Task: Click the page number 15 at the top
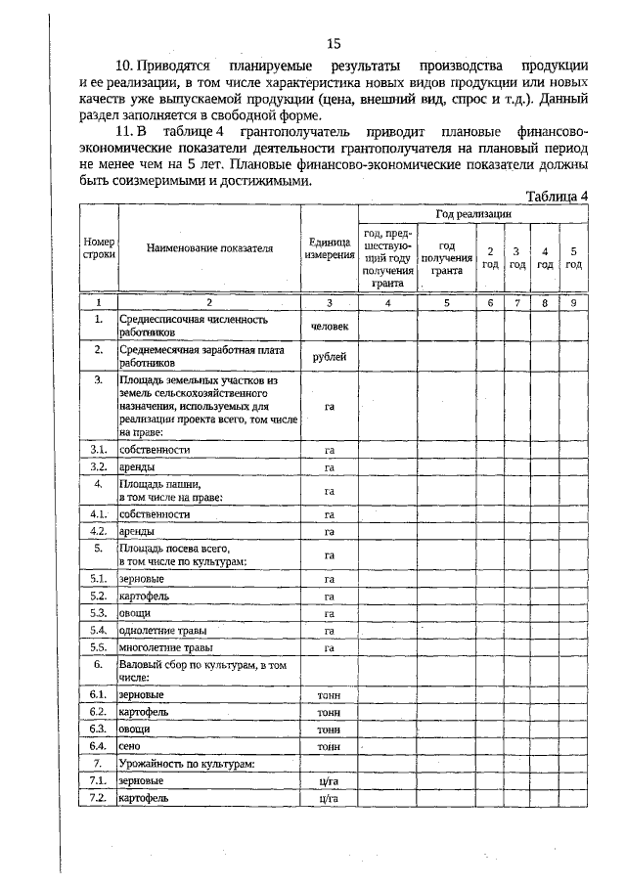point(333,43)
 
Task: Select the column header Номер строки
point(100,249)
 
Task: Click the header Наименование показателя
point(209,249)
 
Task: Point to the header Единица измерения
point(330,249)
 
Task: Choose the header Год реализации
point(473,213)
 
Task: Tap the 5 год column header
point(574,256)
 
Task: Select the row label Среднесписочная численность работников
point(179,326)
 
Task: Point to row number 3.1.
point(99,449)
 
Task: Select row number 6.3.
point(99,730)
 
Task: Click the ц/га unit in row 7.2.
point(329,798)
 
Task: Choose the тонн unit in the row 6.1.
point(329,695)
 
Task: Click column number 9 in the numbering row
point(574,303)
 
